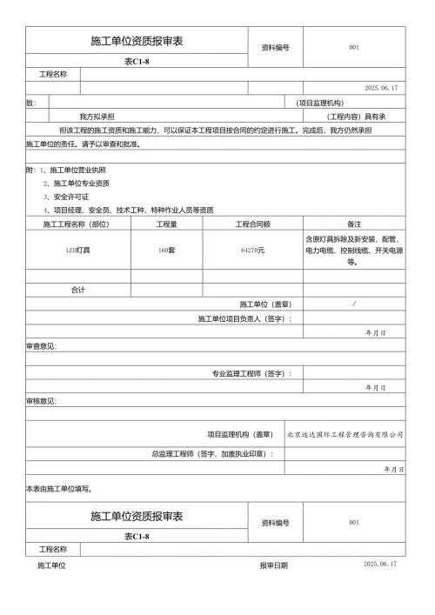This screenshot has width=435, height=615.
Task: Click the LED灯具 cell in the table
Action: tap(78, 250)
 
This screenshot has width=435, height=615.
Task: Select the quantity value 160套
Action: tap(166, 250)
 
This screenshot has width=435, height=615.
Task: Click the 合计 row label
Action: tap(78, 290)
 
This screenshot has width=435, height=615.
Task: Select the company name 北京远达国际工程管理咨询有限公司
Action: tap(345, 433)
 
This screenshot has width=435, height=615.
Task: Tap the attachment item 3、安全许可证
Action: tap(68, 197)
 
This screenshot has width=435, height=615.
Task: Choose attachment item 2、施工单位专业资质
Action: tap(76, 184)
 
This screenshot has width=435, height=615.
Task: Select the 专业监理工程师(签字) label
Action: tap(251, 373)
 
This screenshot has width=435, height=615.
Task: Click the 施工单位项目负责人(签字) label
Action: tap(244, 318)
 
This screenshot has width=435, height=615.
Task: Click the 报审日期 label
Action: tap(273, 565)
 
